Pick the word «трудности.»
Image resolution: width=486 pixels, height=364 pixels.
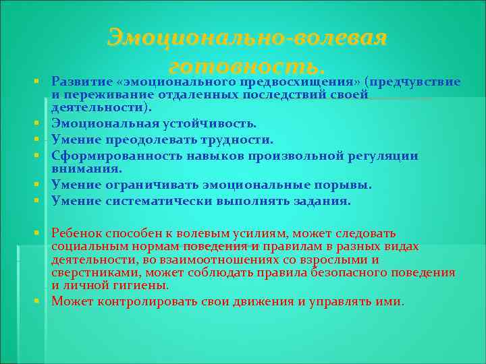point(240,140)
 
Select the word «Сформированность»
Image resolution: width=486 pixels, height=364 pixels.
point(109,156)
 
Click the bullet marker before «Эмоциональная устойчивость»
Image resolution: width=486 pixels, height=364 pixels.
point(42,124)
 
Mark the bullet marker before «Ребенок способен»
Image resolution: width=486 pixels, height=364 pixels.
point(42,233)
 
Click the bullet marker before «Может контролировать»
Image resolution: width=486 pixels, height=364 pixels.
point(42,301)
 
